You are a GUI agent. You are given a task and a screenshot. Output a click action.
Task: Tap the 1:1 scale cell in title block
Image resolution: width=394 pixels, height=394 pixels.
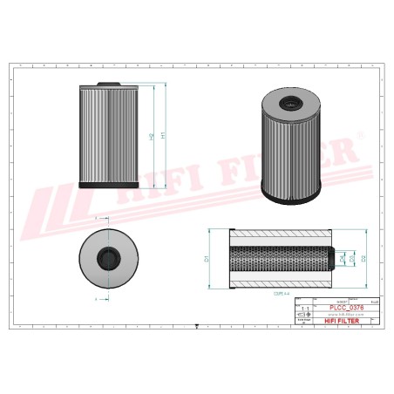point(303,309)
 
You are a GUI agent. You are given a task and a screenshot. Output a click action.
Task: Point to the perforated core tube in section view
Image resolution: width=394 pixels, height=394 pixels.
point(279,259)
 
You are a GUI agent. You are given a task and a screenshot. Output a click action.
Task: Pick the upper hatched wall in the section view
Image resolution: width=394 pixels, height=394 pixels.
point(282,236)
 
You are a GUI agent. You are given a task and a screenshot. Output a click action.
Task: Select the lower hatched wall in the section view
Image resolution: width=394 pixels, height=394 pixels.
point(282,281)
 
